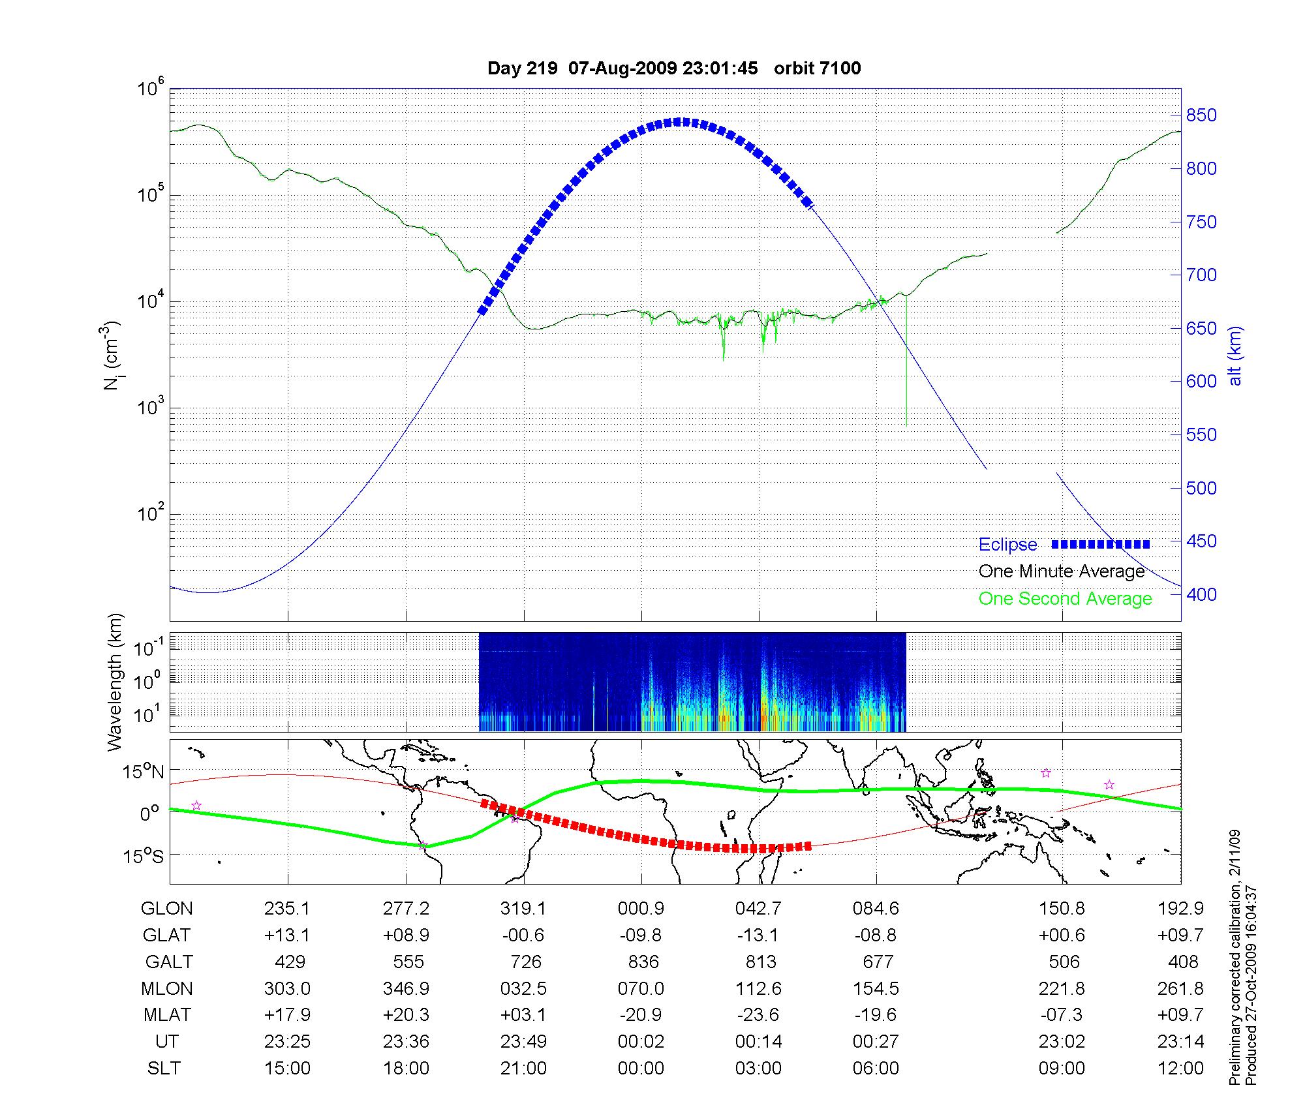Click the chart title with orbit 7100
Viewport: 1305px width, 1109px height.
coord(674,68)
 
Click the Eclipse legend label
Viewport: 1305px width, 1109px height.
coord(1007,545)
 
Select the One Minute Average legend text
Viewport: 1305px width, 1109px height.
coord(1062,571)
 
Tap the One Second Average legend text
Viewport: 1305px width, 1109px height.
coord(1065,599)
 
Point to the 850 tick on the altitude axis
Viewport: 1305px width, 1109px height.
coord(1201,115)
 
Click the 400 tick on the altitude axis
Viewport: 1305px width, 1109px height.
coord(1201,594)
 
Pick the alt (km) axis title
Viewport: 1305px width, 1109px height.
coord(1235,356)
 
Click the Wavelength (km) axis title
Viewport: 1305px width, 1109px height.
coord(115,682)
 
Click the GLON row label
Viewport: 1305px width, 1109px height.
coord(167,909)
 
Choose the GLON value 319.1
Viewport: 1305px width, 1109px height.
coord(523,909)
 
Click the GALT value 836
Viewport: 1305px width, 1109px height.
coord(641,962)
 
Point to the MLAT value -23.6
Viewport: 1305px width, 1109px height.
coord(758,1015)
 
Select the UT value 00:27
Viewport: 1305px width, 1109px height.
coord(876,1042)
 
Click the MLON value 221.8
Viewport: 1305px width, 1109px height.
coord(1062,989)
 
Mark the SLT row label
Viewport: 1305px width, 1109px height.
coord(164,1069)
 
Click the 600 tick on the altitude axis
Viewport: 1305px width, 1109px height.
coord(1201,382)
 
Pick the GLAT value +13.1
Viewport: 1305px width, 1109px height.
coord(287,935)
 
